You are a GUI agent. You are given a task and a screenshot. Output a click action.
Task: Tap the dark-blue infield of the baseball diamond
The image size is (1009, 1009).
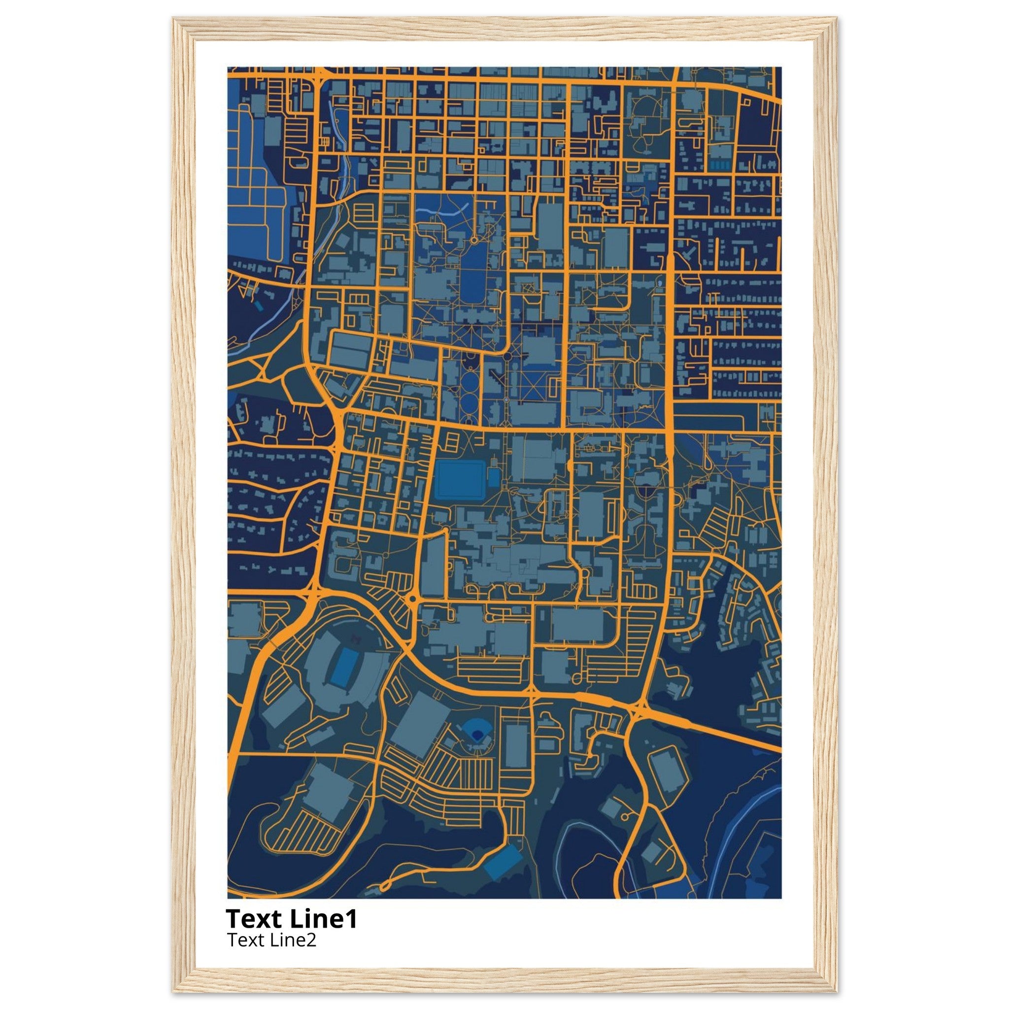476,735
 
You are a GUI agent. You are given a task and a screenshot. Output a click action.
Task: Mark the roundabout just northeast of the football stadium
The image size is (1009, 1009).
412,599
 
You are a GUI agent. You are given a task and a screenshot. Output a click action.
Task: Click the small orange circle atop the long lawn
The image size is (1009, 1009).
473,240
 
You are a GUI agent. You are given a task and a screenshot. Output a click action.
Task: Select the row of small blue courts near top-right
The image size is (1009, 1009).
722,165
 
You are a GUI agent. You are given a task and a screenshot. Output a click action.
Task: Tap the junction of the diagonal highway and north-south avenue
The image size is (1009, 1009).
638,708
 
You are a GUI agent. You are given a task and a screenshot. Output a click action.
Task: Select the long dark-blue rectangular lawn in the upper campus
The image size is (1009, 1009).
473,274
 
